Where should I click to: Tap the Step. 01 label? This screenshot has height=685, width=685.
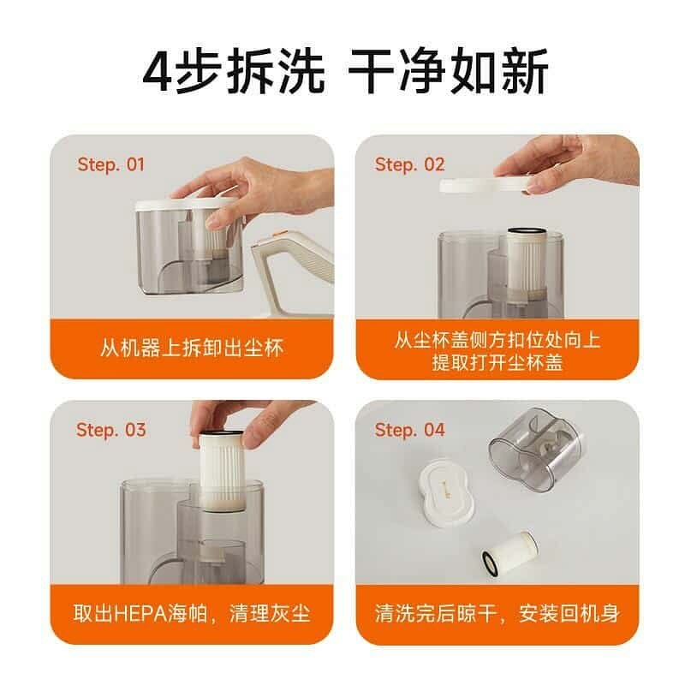coord(110,164)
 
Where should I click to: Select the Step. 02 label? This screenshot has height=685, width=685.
coord(410,164)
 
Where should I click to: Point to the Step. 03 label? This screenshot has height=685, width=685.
coord(111,430)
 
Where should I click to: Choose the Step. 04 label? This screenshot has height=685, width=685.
coord(410,430)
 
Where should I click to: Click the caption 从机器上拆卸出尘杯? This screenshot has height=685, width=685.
coord(192,348)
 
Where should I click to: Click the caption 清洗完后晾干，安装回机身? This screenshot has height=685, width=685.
coord(497,613)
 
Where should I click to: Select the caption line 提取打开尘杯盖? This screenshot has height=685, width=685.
coord(497,362)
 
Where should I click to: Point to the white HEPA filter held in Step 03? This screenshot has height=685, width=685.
coord(222,470)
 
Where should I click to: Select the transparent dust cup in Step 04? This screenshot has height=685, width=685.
coord(537,444)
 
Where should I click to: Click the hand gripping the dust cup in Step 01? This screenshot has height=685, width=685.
coord(245,192)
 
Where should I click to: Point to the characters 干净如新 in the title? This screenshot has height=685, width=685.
coord(448,72)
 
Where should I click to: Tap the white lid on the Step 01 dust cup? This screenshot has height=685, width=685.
coord(185,204)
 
